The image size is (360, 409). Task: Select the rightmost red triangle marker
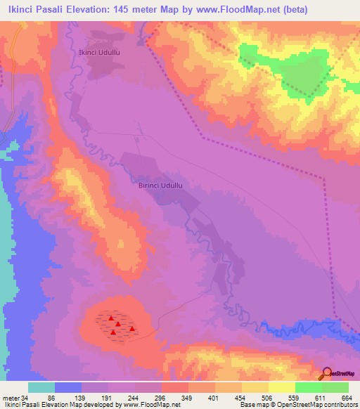[x=131, y=328]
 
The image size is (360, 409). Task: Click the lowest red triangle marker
[x=112, y=332]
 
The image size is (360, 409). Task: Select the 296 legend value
[x=161, y=398]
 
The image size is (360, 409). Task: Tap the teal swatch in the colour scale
[x=41, y=387]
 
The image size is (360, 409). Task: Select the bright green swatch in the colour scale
[x=308, y=387]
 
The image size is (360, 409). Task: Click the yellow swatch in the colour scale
[x=255, y=387]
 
